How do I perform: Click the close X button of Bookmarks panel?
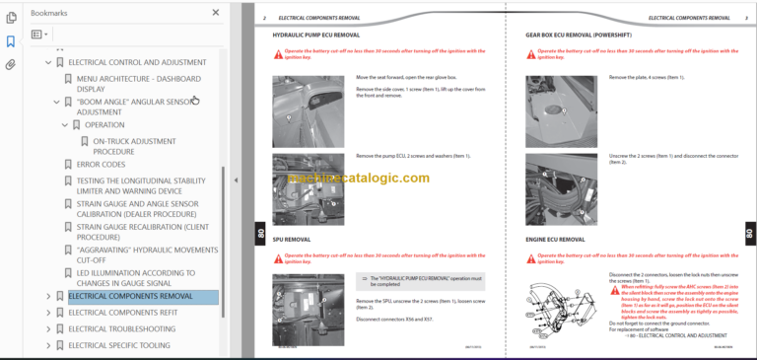pos(216,13)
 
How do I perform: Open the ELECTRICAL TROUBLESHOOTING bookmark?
pos(121,328)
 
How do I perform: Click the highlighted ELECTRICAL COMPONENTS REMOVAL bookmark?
pos(130,296)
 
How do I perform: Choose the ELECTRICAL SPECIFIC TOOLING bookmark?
pos(119,345)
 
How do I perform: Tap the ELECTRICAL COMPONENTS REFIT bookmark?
pos(122,313)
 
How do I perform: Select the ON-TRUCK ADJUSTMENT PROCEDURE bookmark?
pos(134,146)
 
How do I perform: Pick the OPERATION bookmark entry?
pos(104,125)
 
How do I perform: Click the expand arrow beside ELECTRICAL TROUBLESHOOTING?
pos(47,328)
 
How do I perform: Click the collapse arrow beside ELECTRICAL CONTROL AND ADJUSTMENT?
pos(47,63)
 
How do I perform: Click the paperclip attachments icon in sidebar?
pos(11,65)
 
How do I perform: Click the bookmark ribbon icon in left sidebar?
pos(11,41)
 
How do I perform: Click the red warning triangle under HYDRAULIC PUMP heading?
pos(278,54)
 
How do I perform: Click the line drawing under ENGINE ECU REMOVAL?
pos(561,307)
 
